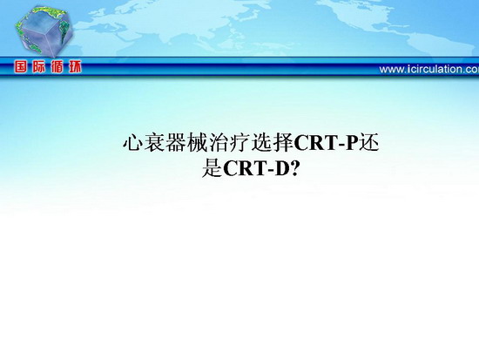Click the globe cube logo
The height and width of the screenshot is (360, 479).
pos(44,31)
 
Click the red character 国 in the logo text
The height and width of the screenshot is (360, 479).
pos(21,66)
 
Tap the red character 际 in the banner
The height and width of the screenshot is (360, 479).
pos(39,66)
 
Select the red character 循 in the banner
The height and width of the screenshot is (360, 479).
pos(57,66)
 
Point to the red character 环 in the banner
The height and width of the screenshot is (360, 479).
pos(75,66)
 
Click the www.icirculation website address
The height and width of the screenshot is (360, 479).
pos(428,69)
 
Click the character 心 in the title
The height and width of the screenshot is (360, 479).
pos(133,143)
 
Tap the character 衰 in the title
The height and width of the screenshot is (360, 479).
pos(154,143)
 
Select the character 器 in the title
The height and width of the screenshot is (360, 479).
pos(176,143)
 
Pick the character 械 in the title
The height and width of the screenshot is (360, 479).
pos(197,143)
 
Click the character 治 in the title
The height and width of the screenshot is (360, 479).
pos(219,143)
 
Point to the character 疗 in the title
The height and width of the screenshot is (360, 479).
pos(239,143)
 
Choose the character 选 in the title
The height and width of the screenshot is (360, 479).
pos(261,143)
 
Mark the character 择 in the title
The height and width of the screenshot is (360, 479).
pos(282,143)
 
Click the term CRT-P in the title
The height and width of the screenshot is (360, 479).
pos(326,143)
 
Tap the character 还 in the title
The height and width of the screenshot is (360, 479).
pos(368,143)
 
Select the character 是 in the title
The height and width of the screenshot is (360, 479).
pos(212,168)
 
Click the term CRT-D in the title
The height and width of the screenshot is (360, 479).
pos(256,168)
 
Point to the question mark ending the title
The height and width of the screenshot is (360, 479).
pos(294,168)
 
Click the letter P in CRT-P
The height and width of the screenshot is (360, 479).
pos(351,143)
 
